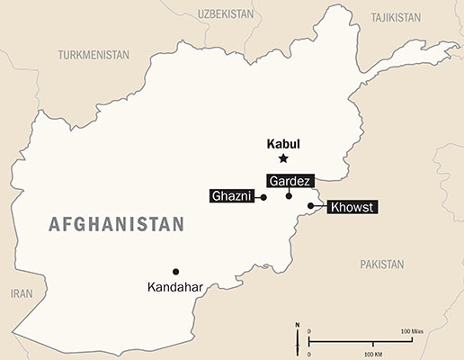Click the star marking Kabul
[283, 158]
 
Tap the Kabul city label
[283, 142]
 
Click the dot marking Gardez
[289, 195]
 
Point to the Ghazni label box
[231, 196]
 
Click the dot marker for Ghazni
[263, 197]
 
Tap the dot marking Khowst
[310, 206]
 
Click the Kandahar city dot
[175, 271]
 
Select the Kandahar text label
[175, 288]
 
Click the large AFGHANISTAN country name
[116, 224]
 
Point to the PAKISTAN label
[382, 265]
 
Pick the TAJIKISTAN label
[395, 17]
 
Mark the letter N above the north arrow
[298, 324]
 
